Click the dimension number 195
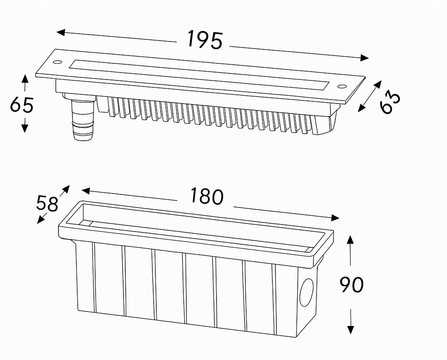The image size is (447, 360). pos(205,40)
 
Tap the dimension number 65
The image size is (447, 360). pos(22,105)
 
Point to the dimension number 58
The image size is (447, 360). pos(47,204)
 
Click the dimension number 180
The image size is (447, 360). pos(206,197)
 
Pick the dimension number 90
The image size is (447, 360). pos(351,285)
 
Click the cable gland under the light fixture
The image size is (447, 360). pos(83,119)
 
